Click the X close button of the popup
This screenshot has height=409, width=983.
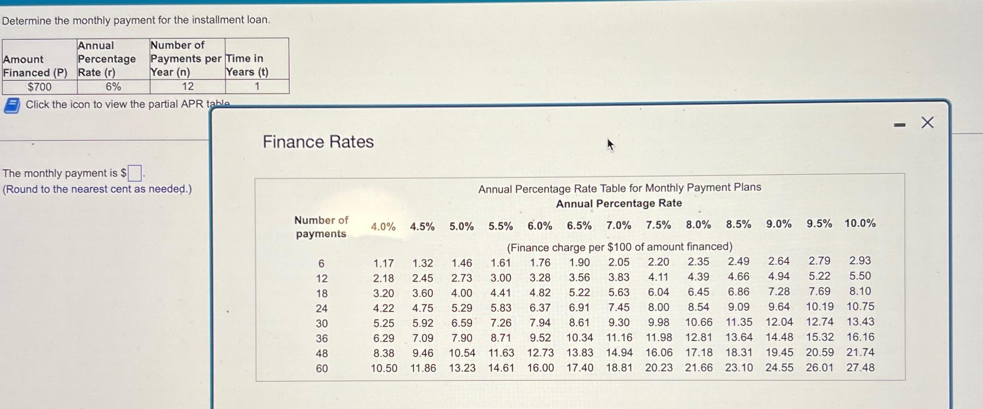click(927, 123)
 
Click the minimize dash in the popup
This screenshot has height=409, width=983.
click(899, 125)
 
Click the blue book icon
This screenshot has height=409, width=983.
click(12, 105)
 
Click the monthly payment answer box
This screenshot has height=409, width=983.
click(135, 173)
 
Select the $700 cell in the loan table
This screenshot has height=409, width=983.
click(40, 87)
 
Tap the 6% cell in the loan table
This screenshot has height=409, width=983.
click(113, 87)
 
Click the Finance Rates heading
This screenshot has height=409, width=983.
click(318, 142)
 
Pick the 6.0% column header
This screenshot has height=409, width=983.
click(540, 226)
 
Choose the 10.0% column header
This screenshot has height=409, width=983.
click(860, 224)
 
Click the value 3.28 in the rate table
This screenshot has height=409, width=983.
click(540, 278)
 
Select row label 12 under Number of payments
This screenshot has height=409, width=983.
click(322, 279)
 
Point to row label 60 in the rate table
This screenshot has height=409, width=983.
click(322, 369)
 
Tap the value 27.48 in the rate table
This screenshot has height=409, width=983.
click(860, 367)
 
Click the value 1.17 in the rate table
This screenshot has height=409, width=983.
click(383, 263)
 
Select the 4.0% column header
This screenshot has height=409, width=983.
click(383, 227)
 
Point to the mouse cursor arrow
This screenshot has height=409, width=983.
click(610, 145)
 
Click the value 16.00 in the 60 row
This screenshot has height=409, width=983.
click(540, 368)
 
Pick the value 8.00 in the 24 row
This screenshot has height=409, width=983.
click(658, 307)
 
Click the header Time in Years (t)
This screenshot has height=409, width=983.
click(247, 65)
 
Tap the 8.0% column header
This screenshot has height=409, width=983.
click(698, 225)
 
